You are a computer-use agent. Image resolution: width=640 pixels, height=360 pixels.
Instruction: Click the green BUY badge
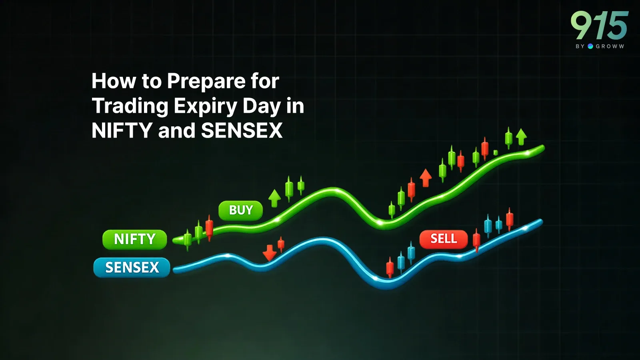click(240, 210)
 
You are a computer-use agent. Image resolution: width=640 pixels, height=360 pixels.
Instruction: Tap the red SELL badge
click(443, 239)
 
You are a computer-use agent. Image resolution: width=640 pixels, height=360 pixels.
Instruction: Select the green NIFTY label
click(134, 239)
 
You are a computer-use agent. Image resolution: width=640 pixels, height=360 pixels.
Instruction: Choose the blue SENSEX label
click(132, 267)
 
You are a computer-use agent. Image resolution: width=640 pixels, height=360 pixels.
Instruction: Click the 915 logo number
click(599, 25)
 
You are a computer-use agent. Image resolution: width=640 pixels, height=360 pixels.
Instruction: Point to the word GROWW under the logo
click(610, 46)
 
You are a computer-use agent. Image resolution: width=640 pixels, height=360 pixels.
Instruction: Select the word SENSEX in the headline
click(242, 131)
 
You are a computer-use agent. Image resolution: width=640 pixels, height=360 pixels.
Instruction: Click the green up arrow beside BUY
click(274, 198)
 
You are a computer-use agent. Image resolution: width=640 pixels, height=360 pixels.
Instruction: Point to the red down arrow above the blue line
click(269, 252)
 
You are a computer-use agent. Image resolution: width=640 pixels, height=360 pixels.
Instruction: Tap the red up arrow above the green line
click(426, 177)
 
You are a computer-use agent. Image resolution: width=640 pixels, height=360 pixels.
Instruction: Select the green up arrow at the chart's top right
click(521, 137)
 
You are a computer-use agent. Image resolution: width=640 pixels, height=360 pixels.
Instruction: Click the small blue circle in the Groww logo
click(590, 46)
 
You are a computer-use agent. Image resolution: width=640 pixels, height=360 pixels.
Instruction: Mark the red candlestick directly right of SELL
click(476, 240)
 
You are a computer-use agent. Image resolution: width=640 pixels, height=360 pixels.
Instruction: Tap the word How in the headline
click(114, 81)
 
